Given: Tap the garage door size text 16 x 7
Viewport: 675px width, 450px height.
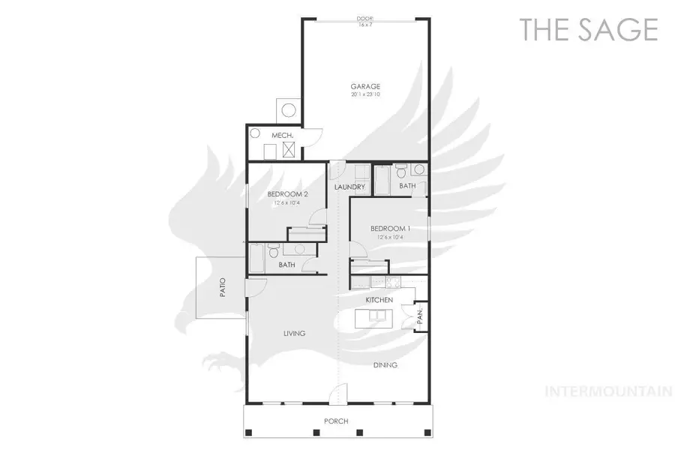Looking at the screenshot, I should [365, 25].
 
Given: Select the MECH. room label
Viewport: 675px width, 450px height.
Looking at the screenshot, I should [281, 135].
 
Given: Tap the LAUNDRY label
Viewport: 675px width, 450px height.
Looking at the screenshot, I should [349, 187].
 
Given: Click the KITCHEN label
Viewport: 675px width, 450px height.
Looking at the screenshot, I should [379, 300].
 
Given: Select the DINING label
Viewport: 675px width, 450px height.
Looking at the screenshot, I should [385, 365].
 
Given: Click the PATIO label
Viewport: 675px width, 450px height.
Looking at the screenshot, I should [223, 288].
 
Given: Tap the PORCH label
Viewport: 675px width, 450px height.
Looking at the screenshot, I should [335, 421].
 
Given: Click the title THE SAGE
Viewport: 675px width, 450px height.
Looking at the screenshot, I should [589, 29].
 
